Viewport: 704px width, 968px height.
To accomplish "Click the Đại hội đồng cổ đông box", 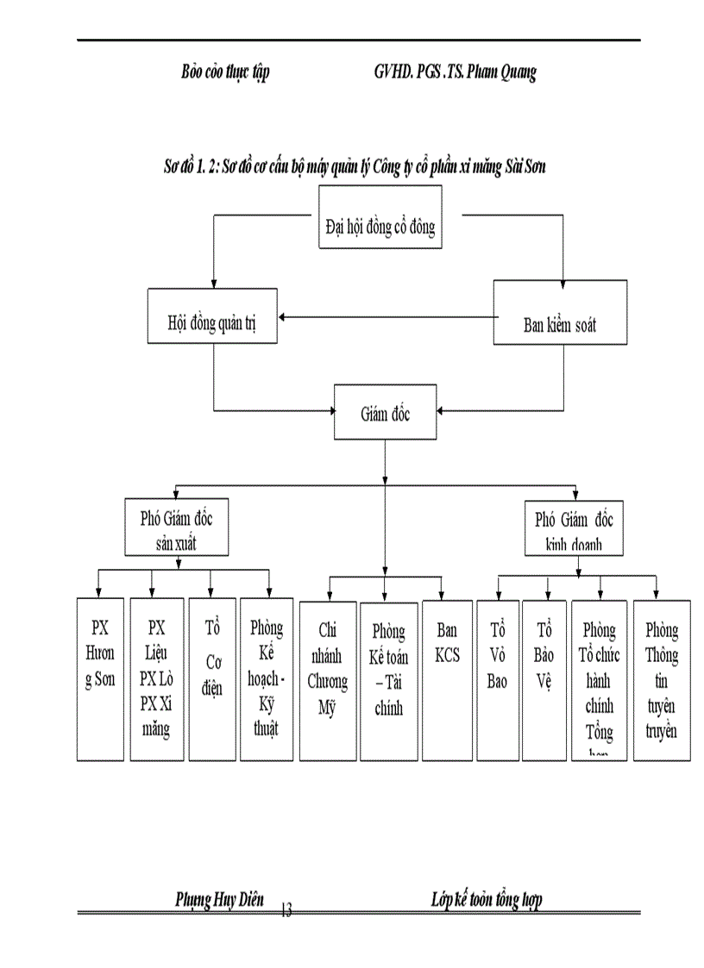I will (x=380, y=228).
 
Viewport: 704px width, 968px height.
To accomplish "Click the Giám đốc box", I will (x=384, y=415).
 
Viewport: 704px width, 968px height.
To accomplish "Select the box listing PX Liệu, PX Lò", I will (x=155, y=678).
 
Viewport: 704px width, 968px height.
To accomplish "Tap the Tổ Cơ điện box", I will (x=211, y=678).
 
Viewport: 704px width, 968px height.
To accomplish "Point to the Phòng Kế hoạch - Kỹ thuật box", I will (x=267, y=678).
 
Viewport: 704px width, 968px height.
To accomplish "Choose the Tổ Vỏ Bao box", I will (x=497, y=678).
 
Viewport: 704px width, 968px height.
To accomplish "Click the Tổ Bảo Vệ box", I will (x=544, y=678).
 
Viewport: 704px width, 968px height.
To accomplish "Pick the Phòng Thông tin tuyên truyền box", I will (x=662, y=678).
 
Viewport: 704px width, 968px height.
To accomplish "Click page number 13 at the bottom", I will (x=286, y=909).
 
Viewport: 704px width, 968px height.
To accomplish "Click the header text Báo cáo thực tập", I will (x=225, y=72).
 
